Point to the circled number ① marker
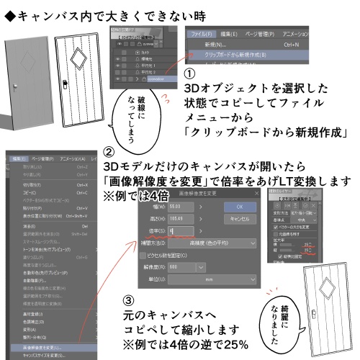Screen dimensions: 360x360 pyautogui.click(x=190, y=76)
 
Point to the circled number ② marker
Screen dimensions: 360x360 pyautogui.click(x=109, y=153)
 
